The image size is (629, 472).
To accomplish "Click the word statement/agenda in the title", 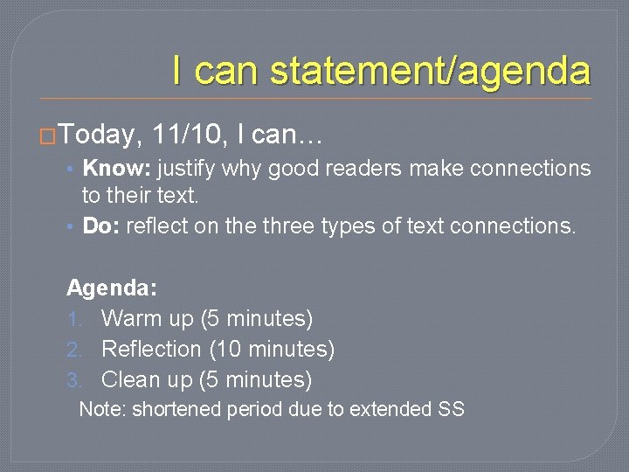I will tap(430, 70).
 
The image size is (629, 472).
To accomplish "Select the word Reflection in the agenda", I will tap(151, 350).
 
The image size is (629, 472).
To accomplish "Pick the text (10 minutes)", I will tap(272, 350).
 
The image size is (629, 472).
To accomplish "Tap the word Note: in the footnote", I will tap(102, 409).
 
